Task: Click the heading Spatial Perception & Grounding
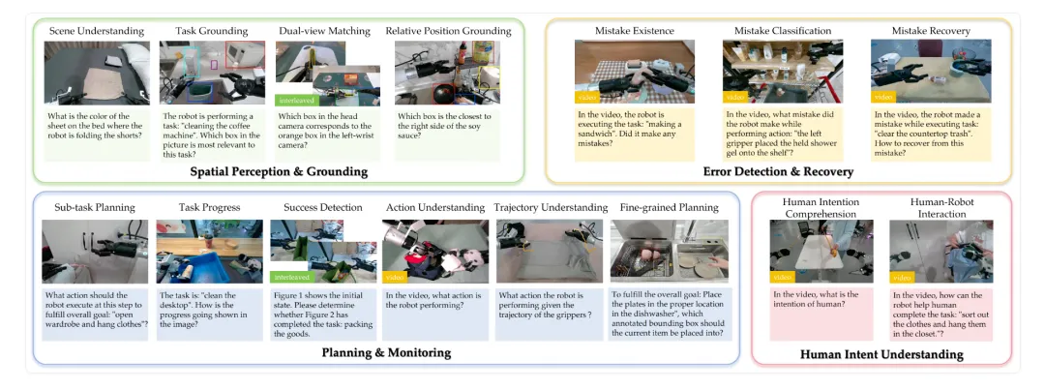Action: coord(279,171)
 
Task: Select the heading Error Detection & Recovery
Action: coord(778,171)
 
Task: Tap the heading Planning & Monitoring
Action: coord(386,353)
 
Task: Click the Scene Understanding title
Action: coord(96,31)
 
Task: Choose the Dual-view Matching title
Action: coord(315,31)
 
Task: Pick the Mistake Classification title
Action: coord(782,31)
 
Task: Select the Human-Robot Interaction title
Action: coord(940,207)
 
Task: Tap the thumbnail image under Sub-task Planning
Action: coord(94,252)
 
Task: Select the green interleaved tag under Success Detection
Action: coord(290,276)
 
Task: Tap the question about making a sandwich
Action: coord(634,129)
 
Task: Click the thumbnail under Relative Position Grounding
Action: coord(447,73)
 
